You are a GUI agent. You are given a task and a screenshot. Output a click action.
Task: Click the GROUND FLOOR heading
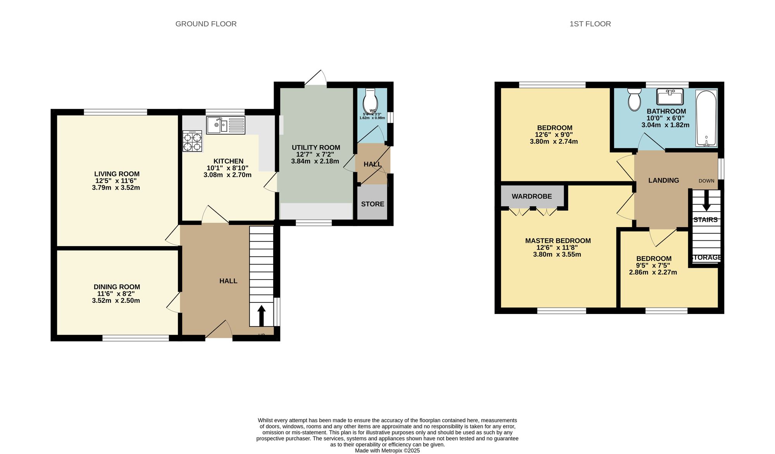click(206, 24)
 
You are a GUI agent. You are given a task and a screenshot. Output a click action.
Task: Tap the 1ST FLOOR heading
click(590, 24)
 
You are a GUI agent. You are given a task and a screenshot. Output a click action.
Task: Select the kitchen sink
click(226, 125)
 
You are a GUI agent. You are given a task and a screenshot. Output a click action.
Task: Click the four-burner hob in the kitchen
click(193, 142)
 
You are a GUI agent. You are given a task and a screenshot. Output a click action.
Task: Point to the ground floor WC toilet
click(370, 101)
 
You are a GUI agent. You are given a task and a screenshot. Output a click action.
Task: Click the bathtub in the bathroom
click(706, 118)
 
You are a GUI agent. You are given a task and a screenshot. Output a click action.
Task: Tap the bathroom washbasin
click(670, 97)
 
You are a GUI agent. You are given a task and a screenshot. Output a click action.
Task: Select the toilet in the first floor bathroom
click(634, 100)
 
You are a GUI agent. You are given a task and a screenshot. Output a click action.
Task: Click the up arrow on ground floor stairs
click(261, 315)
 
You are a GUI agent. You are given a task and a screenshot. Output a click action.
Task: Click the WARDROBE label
click(532, 197)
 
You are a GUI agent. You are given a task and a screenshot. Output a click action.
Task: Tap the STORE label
click(372, 204)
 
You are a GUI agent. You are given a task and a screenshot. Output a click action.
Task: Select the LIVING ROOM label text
click(117, 174)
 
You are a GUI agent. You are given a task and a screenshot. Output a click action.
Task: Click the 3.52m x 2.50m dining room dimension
click(116, 301)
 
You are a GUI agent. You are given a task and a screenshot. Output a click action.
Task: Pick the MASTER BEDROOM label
click(558, 241)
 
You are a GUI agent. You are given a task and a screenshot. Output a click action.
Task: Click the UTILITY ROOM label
click(316, 148)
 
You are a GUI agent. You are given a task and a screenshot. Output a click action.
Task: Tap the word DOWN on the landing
click(706, 181)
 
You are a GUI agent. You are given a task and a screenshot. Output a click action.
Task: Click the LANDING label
click(663, 181)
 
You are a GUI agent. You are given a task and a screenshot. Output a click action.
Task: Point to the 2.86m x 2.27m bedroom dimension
click(653, 273)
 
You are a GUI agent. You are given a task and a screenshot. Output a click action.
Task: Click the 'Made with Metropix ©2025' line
click(387, 451)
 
